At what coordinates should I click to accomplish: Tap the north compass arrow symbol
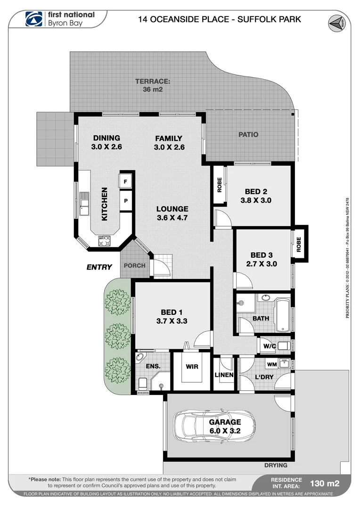[x=335, y=23]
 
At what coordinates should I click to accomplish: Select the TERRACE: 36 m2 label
[x=153, y=85]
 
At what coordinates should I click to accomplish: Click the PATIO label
[x=248, y=134]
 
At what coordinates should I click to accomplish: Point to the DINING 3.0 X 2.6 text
[x=106, y=142]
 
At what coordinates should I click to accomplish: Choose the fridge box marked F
[x=126, y=181]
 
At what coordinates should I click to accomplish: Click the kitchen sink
[x=84, y=204]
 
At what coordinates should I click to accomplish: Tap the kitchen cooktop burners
[x=104, y=241]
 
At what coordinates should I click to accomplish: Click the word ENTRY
[x=99, y=267]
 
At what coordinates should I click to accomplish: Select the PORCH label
[x=134, y=265]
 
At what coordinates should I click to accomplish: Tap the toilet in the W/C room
[x=283, y=346]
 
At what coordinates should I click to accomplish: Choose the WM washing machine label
[x=272, y=364]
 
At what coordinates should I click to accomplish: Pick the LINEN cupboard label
[x=224, y=375]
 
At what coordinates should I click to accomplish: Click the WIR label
[x=192, y=367]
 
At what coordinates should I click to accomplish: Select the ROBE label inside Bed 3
[x=299, y=244]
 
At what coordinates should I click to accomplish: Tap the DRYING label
[x=276, y=465]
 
